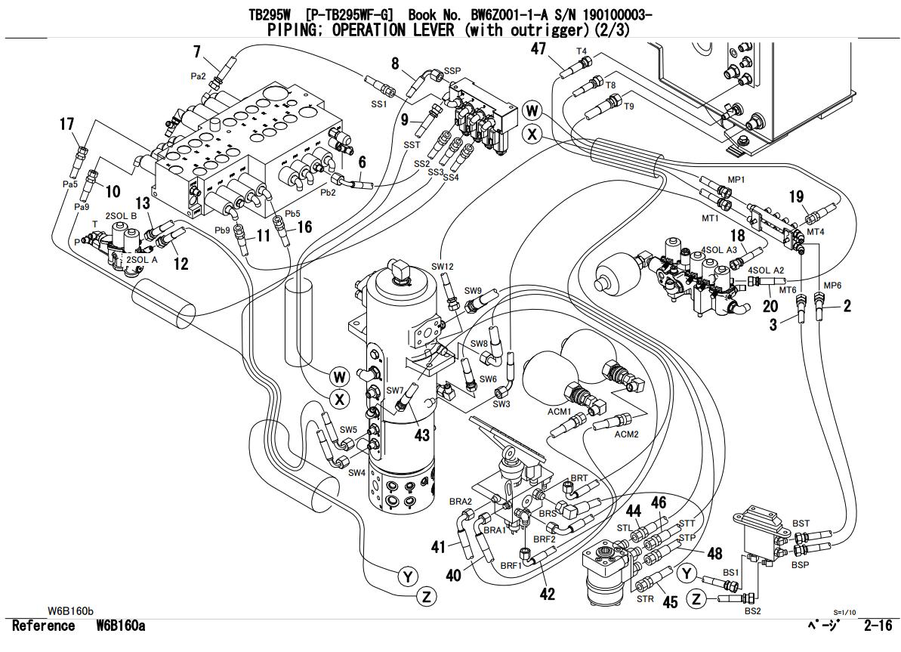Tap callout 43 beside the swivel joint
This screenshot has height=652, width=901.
421,435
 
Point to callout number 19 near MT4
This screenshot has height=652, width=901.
796,197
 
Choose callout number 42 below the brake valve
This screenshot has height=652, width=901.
547,594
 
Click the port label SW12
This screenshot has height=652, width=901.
442,267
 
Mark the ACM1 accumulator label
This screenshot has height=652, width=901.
560,411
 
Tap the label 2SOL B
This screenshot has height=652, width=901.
121,215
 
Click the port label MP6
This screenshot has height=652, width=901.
832,286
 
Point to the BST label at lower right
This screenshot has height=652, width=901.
801,524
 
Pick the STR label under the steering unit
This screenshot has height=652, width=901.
645,598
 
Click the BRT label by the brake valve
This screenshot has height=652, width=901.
579,478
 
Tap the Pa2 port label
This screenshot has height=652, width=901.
198,76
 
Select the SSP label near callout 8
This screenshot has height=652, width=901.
452,70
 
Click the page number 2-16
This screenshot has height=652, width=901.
878,625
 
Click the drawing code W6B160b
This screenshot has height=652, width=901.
70,610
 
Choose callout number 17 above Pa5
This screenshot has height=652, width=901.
66,124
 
